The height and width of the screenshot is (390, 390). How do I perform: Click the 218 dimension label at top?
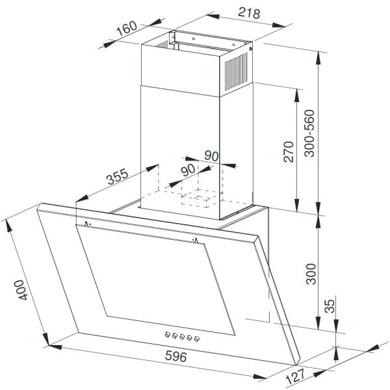249,13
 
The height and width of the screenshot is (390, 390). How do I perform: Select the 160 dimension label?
127,29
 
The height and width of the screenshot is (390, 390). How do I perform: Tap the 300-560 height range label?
309,133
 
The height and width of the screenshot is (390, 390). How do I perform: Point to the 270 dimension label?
289,151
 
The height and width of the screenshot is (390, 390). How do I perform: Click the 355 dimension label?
118,176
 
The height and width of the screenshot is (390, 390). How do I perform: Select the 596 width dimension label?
176,356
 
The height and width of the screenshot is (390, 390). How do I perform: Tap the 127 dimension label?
296,376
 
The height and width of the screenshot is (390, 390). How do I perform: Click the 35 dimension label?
330,306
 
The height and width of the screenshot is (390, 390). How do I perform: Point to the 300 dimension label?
311,274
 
